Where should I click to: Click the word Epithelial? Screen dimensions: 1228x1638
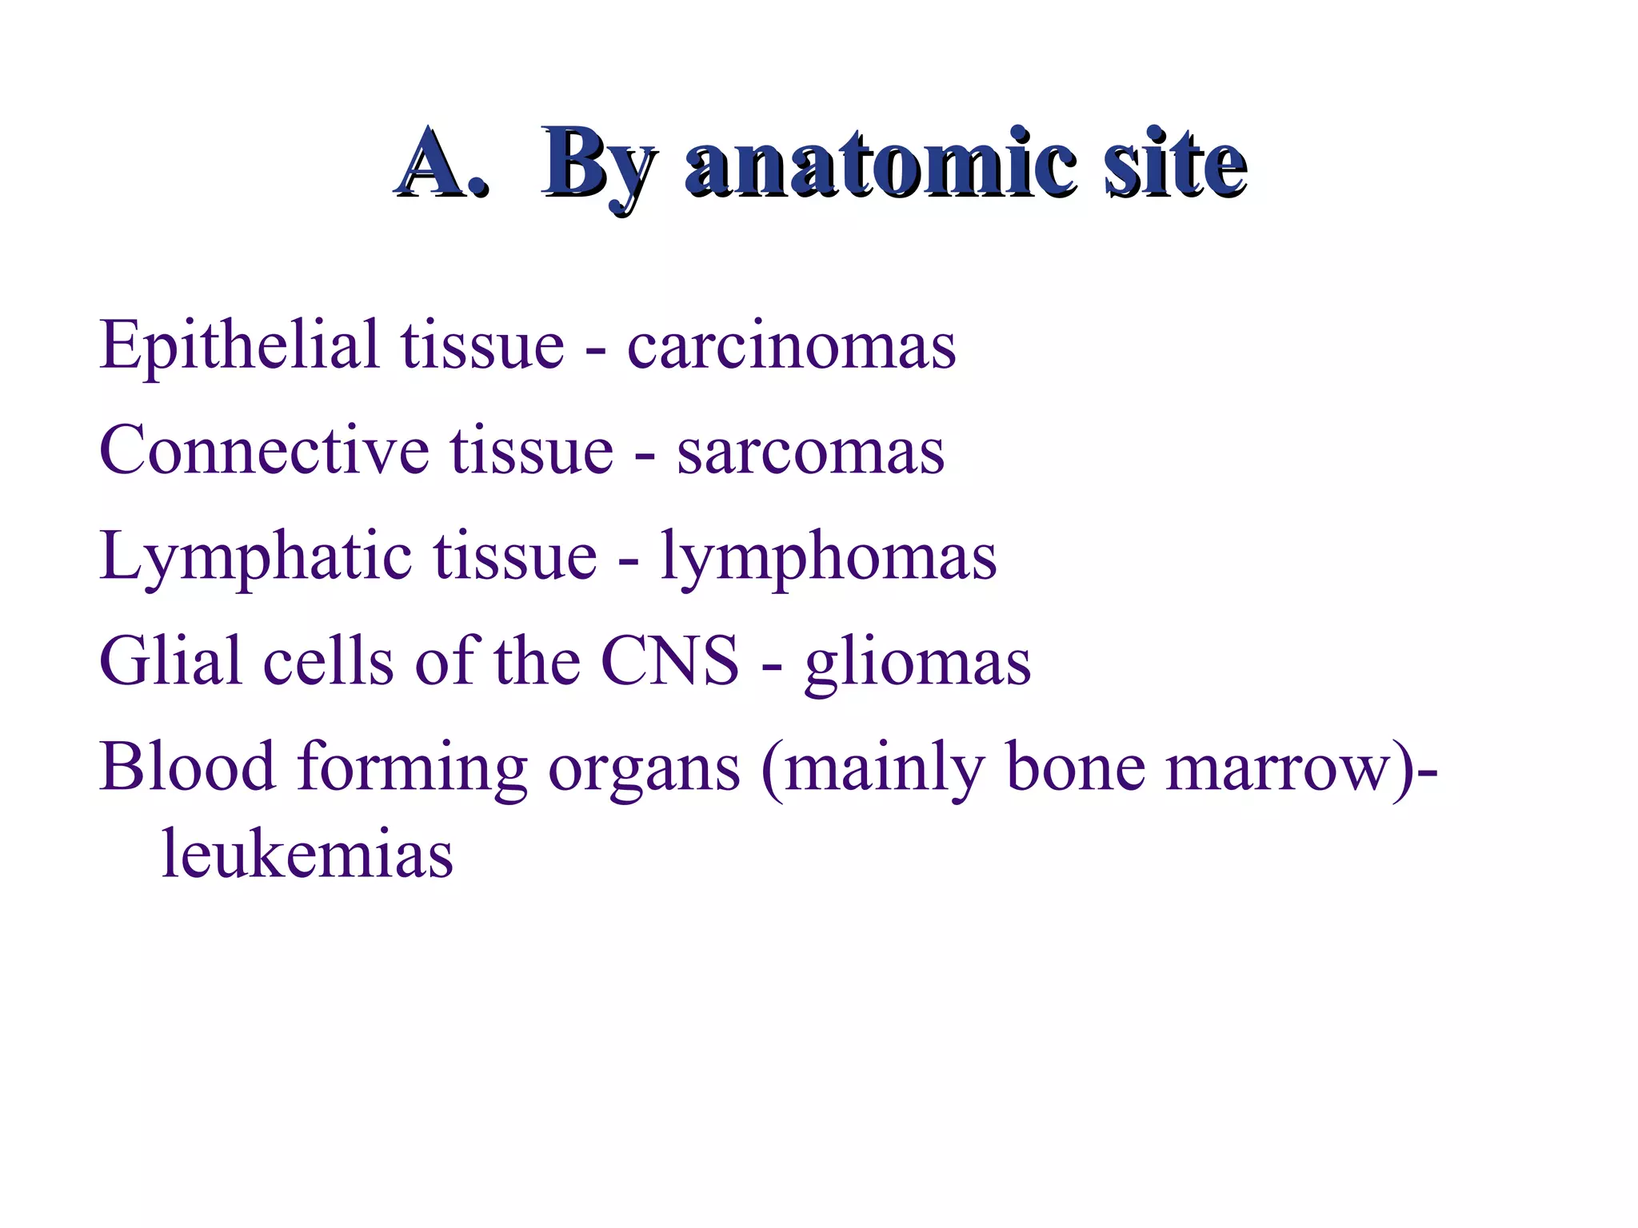238,345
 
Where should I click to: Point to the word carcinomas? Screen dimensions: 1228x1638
791,347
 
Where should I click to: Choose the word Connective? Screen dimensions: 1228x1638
264,451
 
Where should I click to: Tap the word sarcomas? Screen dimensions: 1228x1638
810,453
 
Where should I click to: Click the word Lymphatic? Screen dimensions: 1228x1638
256,557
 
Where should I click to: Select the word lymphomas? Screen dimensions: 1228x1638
829,557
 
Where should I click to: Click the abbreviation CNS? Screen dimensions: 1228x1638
669,662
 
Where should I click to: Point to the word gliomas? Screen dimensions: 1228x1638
917,664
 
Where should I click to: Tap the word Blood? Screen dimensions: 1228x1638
187,767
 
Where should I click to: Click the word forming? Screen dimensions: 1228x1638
412,768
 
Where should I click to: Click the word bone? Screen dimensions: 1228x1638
1076,767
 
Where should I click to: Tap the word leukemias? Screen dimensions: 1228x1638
307,855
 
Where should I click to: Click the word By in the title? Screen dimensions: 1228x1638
599,165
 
